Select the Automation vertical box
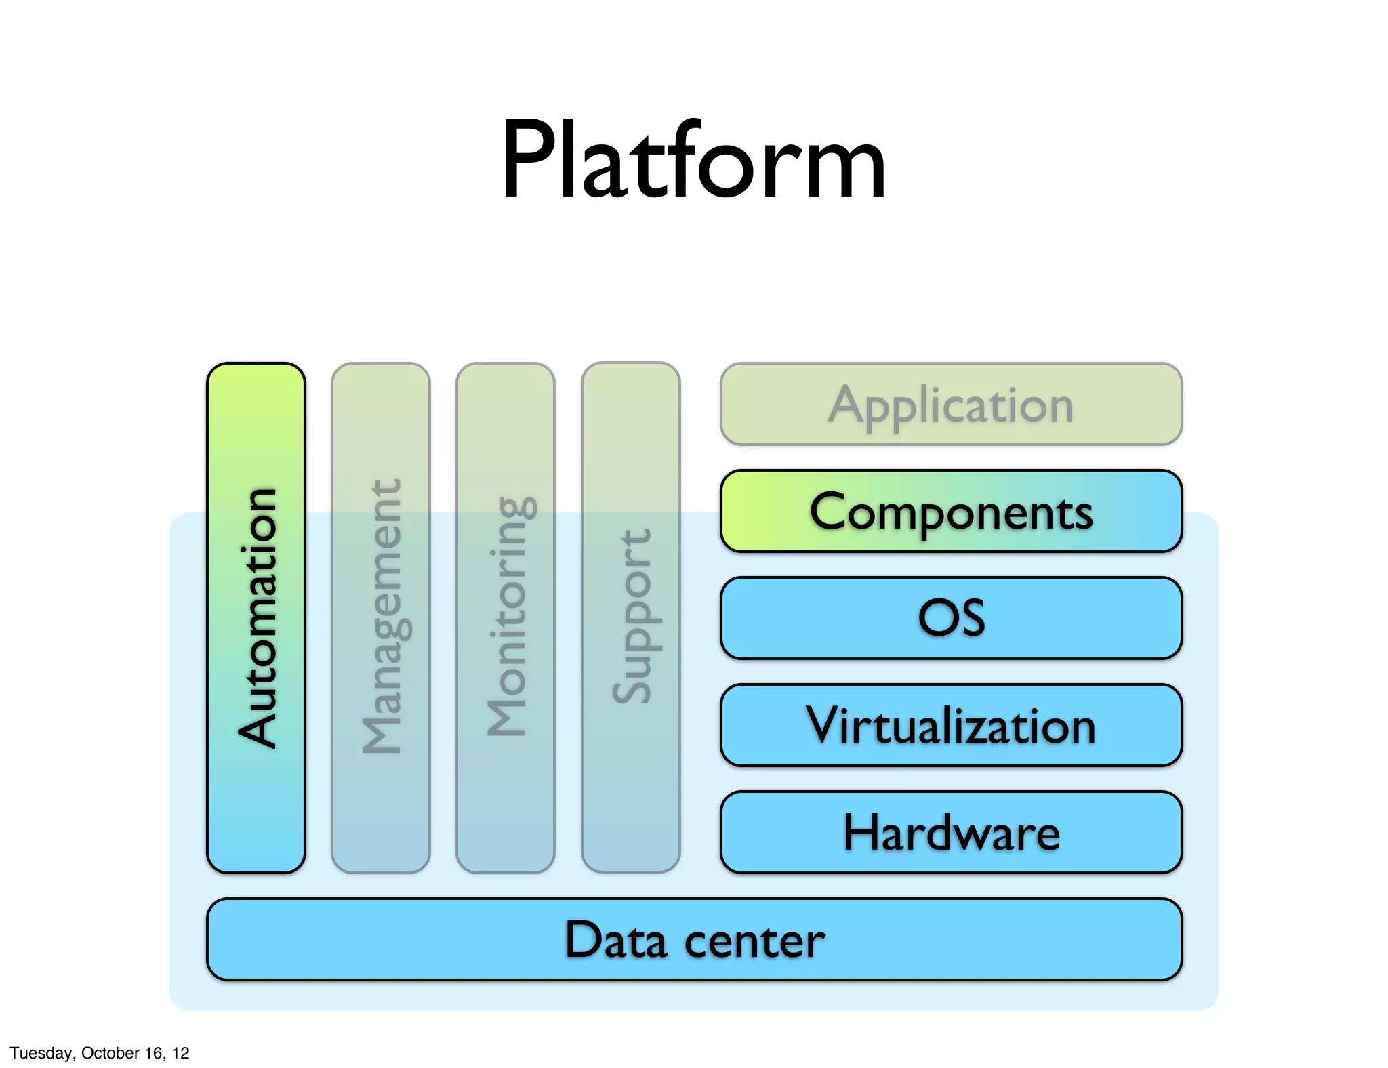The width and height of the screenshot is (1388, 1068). point(256,617)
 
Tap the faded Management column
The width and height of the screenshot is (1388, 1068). point(381,617)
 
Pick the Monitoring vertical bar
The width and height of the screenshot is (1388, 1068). point(506,617)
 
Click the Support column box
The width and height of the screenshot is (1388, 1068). point(630,617)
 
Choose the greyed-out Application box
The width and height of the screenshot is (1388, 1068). point(951,404)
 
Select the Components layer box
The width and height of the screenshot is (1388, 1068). point(951,511)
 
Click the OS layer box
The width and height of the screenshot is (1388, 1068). point(951,617)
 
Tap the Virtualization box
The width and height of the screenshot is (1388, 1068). point(951,725)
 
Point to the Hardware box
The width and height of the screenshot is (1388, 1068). point(951,832)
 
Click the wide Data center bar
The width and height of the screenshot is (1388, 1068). point(694,939)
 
